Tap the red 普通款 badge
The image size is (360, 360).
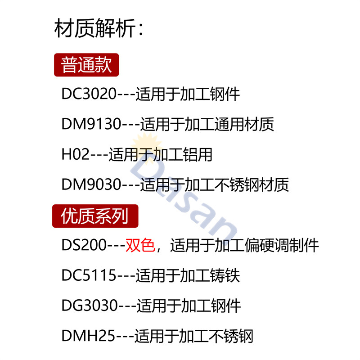[x=86, y=65]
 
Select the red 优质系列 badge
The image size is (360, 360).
[x=95, y=216]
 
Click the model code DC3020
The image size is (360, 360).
[x=89, y=94]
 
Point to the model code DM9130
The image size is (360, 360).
[x=91, y=124]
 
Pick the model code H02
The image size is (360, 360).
[x=76, y=154]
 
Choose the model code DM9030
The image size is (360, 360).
[x=91, y=184]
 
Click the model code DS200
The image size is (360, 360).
[x=84, y=245]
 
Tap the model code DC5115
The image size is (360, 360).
[x=89, y=275]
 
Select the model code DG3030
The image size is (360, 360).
[x=90, y=306]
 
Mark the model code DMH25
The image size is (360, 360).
[x=88, y=336]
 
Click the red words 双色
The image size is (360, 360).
[x=140, y=245]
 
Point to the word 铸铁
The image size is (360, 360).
[x=225, y=275]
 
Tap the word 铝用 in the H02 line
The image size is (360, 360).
[x=198, y=154]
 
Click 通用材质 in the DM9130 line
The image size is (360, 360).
[x=244, y=124]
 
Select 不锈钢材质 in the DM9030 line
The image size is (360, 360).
[x=252, y=184]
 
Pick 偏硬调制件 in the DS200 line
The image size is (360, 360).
[x=282, y=245]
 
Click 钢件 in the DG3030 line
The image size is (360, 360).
[x=226, y=306]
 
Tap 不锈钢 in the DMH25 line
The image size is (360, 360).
[x=231, y=336]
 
